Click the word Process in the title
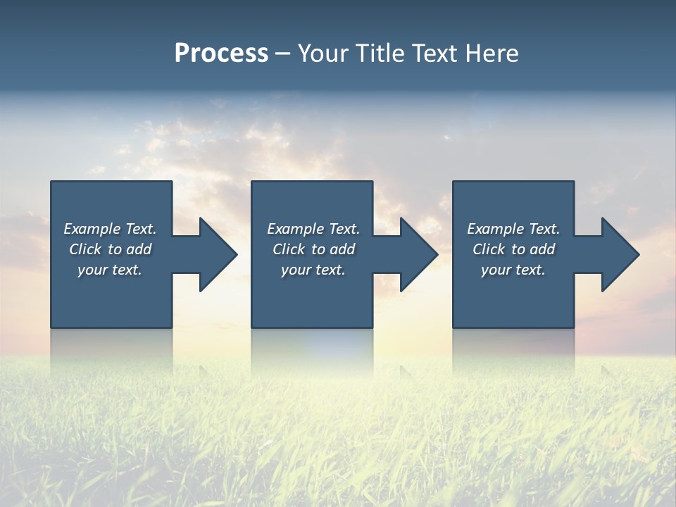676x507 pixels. (221, 54)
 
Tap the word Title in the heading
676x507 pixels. (381, 54)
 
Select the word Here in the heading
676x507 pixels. (491, 54)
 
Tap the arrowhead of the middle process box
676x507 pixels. (418, 254)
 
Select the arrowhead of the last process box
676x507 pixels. (620, 254)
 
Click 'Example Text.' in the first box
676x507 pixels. (110, 229)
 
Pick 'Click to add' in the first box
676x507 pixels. (110, 249)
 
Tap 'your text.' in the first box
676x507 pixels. (110, 270)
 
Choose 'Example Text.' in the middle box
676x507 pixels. (313, 229)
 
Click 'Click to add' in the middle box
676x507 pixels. (313, 249)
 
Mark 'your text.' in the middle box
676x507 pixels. (313, 270)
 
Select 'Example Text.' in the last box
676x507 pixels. (513, 229)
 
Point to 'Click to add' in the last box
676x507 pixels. (513, 249)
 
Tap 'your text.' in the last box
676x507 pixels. (513, 270)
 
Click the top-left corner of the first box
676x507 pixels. (52, 182)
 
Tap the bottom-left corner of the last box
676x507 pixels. (454, 326)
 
